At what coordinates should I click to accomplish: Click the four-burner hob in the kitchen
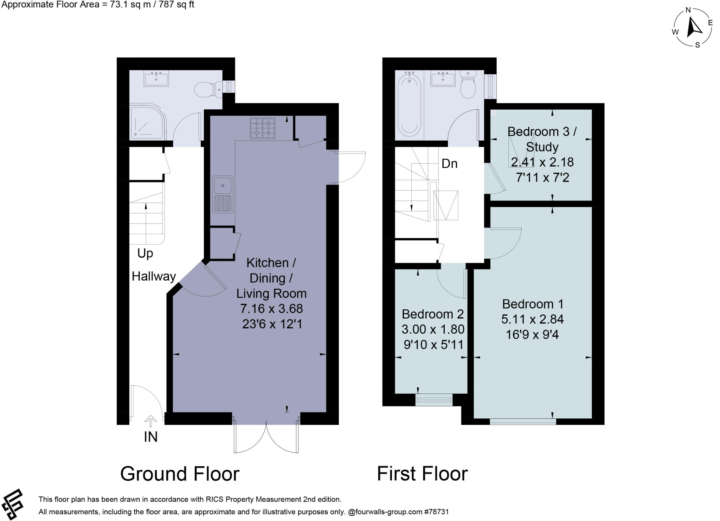262,128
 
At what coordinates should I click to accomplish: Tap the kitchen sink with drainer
223,194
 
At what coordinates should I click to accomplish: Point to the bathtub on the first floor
409,105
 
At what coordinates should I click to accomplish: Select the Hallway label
154,276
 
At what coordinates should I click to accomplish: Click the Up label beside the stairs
145,253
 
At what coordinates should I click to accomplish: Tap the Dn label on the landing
449,163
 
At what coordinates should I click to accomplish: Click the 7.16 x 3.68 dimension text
271,309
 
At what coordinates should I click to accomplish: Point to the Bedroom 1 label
533,304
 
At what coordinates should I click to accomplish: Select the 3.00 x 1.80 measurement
433,329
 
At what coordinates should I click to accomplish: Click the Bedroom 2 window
434,400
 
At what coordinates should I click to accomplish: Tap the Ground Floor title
180,474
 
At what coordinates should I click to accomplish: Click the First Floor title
422,474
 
